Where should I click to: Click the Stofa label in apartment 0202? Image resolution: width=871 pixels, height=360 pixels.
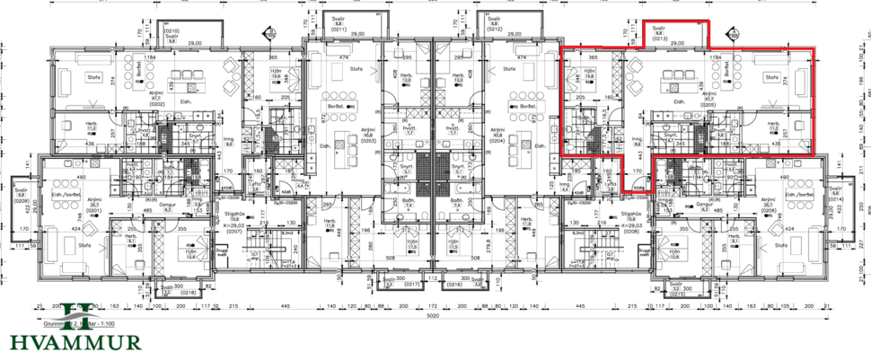point(92,78)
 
